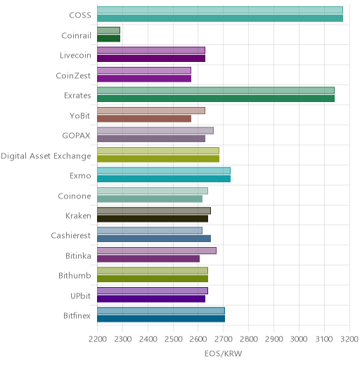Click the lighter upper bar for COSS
pyautogui.click(x=220, y=10)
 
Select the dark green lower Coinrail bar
pyautogui.click(x=109, y=39)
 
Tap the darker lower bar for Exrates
pyautogui.click(x=216, y=99)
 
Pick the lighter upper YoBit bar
pyautogui.click(x=151, y=111)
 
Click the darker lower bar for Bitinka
pyautogui.click(x=148, y=259)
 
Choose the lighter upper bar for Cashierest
pyautogui.click(x=150, y=231)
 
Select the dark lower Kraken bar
pyautogui.click(x=153, y=219)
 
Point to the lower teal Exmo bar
pyautogui.click(x=164, y=179)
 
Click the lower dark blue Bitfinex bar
pyautogui.click(x=161, y=319)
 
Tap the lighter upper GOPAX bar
pyautogui.click(x=155, y=131)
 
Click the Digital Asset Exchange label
pyautogui.click(x=46, y=156)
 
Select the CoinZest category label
pyautogui.click(x=73, y=76)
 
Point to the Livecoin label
pyautogui.click(x=75, y=56)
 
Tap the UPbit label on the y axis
pyautogui.click(x=80, y=296)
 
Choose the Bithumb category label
pyautogui.click(x=75, y=275)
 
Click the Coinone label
pyautogui.click(x=75, y=196)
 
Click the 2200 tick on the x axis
pyautogui.click(x=98, y=339)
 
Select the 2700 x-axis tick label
pyautogui.click(x=224, y=339)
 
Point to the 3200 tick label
pyautogui.click(x=349, y=339)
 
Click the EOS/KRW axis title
pyautogui.click(x=223, y=353)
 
